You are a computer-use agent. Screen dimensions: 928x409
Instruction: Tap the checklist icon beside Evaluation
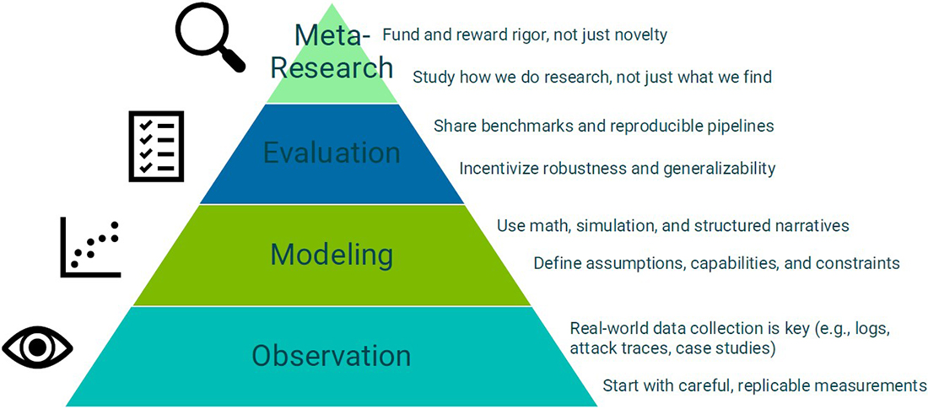click(x=156, y=146)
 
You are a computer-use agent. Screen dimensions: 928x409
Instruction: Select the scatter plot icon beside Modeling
click(x=90, y=247)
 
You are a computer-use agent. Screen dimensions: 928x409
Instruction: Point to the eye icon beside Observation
click(x=37, y=347)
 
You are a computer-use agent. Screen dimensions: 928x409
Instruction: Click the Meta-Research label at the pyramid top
click(x=332, y=52)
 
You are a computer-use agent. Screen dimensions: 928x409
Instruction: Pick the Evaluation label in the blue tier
click(x=332, y=153)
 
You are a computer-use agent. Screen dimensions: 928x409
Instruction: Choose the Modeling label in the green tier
click(x=332, y=256)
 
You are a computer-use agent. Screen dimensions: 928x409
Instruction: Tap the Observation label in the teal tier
click(x=332, y=356)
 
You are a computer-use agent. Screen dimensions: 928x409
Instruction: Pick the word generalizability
click(x=717, y=170)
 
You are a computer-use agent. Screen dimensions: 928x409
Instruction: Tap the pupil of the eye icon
click(x=37, y=347)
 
